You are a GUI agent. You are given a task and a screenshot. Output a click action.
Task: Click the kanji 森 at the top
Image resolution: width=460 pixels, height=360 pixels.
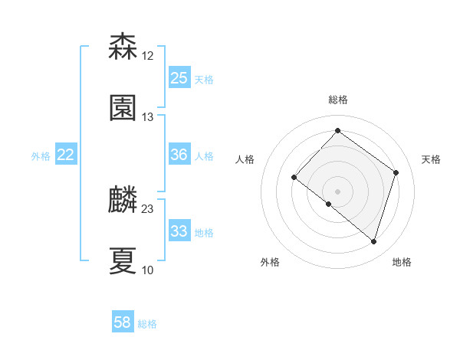coord(123,47)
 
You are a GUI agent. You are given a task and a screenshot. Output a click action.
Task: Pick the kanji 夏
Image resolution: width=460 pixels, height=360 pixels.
coord(123,260)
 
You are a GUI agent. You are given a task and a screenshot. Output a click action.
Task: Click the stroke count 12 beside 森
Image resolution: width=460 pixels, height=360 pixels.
coord(148,56)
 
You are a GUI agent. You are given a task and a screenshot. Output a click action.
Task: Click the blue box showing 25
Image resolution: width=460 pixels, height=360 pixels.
coord(179,78)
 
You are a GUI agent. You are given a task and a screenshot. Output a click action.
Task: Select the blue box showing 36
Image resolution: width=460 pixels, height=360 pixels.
coord(179,155)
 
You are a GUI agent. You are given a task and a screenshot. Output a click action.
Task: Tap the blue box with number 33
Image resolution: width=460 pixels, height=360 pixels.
coord(179,231)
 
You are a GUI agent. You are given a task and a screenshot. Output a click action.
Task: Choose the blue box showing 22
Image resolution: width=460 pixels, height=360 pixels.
coord(66,155)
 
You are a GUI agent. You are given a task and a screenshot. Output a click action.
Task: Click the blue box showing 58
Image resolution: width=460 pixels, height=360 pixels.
coord(123,322)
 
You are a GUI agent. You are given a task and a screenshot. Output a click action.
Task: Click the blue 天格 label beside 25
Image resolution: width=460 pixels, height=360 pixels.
coord(204,80)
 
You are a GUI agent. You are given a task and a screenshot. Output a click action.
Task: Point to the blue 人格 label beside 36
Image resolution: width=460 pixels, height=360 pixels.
coord(204,156)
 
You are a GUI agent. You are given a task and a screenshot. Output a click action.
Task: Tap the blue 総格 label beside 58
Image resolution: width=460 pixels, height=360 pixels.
coord(147,324)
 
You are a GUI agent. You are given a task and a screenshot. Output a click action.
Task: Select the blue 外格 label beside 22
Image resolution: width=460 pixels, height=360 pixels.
coord(41,156)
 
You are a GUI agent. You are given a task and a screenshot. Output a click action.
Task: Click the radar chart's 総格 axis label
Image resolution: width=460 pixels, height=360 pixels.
coord(338,100)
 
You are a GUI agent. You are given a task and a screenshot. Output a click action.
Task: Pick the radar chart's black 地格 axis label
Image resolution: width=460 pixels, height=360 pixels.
coord(402,262)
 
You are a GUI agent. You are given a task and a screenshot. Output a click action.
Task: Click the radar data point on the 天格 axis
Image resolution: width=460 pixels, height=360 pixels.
coord(396,172)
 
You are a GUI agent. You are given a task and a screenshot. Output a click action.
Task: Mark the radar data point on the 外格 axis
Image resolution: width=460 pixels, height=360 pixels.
coord(329,204)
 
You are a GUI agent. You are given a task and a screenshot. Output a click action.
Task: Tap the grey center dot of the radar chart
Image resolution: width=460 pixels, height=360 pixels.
coord(337,191)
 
